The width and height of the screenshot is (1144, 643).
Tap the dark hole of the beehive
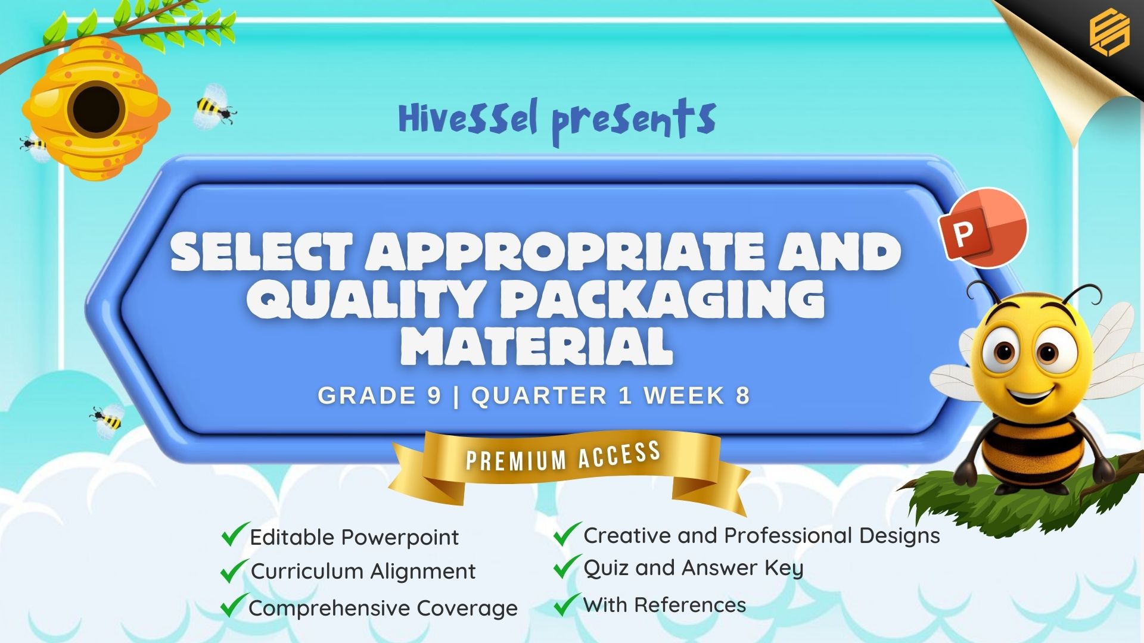[96, 109]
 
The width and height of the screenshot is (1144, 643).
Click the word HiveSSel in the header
[468, 118]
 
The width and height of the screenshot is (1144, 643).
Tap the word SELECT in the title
[261, 251]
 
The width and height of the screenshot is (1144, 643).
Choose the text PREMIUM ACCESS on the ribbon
[563, 456]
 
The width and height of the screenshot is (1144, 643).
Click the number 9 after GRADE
[434, 395]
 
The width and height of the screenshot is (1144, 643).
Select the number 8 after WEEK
[742, 395]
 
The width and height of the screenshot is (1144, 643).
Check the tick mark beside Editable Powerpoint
[234, 534]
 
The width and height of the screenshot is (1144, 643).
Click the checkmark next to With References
[567, 604]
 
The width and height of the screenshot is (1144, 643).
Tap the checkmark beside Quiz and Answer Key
[567, 566]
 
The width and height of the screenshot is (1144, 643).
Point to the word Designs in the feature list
[899, 536]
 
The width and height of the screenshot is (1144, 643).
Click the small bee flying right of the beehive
[214, 107]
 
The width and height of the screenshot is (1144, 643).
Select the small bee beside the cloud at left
[108, 418]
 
